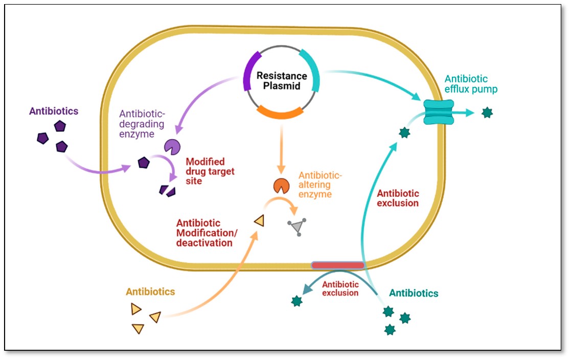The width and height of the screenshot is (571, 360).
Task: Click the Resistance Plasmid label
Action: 282,81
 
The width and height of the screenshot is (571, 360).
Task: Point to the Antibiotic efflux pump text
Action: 470,84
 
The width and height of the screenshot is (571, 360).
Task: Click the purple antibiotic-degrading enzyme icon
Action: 172,147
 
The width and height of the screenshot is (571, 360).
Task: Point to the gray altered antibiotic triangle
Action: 296,227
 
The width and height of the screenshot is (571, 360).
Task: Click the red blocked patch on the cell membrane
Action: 338,265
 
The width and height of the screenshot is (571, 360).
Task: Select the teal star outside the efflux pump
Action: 487,112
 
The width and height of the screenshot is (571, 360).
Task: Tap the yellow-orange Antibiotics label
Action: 150,292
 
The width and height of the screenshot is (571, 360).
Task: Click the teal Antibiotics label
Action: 414,293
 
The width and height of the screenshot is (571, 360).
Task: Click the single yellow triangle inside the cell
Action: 259,220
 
